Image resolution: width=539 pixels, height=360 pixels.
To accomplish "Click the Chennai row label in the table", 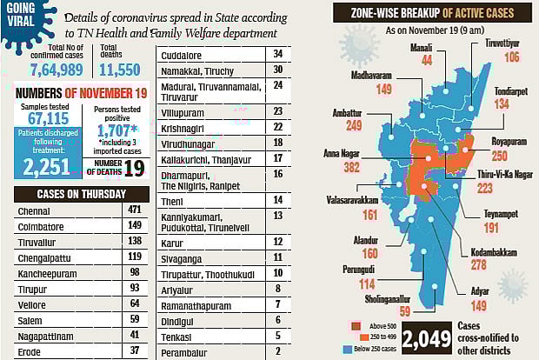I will (36, 210).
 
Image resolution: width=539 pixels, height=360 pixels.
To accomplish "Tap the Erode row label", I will (29, 350).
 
